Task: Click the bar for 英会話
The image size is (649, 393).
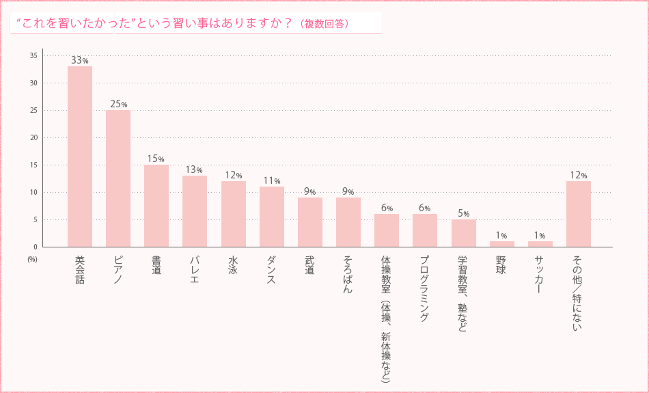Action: point(80,157)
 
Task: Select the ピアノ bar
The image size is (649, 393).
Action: point(118,178)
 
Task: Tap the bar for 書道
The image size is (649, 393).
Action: point(156,206)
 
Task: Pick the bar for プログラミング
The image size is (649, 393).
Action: point(424,230)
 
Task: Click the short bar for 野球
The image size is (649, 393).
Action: point(501,244)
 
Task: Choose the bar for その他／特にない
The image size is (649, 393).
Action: point(578,214)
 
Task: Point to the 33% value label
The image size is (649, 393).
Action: point(80,60)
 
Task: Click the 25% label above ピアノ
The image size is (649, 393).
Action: point(118,104)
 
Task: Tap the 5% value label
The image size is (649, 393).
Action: point(463,213)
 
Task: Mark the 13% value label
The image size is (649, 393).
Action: point(195,170)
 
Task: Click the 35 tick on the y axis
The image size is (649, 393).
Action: point(33,55)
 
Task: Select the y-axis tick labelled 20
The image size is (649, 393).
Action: point(33,137)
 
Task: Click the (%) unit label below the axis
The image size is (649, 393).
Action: point(32,260)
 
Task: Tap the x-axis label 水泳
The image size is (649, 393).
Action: point(233,265)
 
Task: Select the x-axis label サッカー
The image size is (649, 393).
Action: point(540,274)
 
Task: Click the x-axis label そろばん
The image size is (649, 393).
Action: point(348,274)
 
